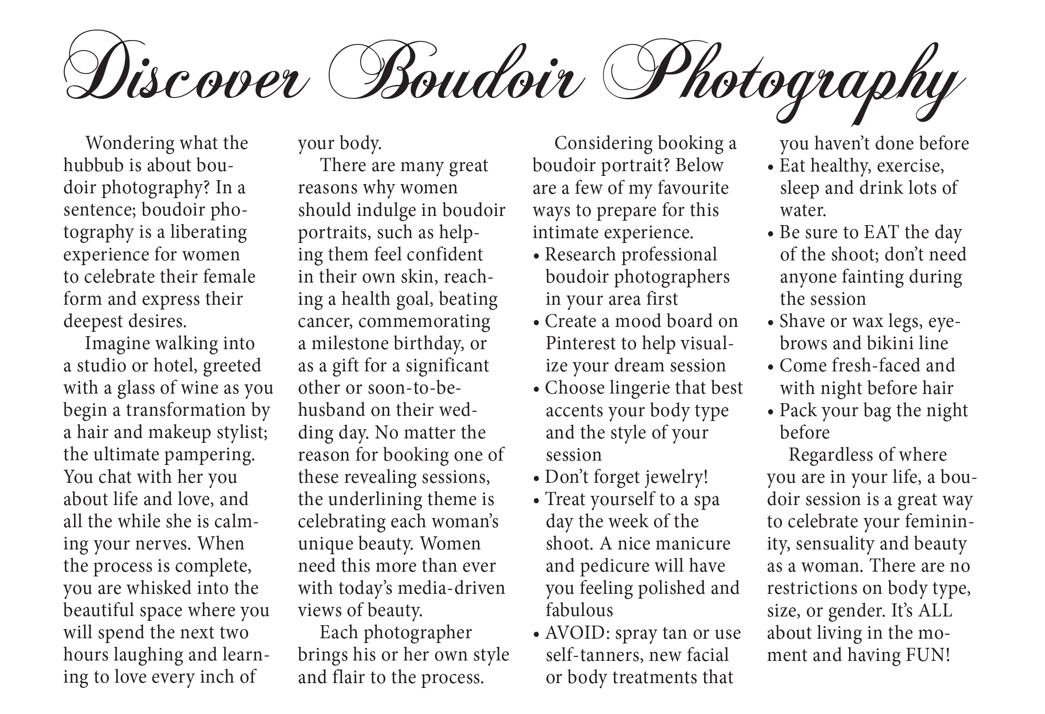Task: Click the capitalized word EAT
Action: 882,232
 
